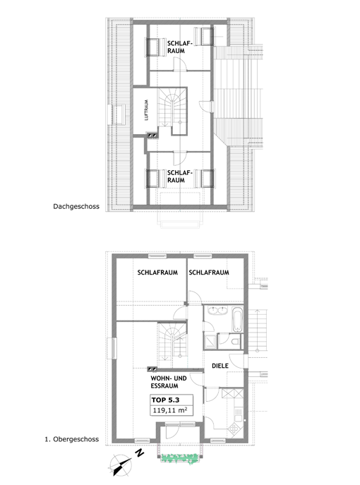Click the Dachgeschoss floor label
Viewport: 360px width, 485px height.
(x=76, y=207)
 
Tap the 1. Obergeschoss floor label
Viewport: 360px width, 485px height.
(x=72, y=439)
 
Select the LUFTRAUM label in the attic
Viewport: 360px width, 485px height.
(x=146, y=110)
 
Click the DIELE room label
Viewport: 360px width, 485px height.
(x=220, y=366)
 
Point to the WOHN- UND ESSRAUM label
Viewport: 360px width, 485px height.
(x=169, y=382)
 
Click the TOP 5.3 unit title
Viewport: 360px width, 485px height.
(x=165, y=400)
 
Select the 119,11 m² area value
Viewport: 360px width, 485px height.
(x=170, y=410)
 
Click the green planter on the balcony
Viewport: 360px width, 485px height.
(x=180, y=458)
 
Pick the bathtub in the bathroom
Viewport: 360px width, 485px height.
(x=237, y=319)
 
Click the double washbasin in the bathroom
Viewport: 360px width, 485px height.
(x=217, y=310)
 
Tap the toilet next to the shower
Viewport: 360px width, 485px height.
(x=235, y=342)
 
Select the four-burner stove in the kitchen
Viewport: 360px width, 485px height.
(x=234, y=429)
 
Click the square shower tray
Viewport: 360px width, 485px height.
(x=210, y=342)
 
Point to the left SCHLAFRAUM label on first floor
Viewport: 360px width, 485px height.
(x=157, y=273)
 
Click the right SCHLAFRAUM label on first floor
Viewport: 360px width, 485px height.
(x=209, y=273)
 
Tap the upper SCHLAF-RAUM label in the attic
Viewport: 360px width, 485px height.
(x=180, y=47)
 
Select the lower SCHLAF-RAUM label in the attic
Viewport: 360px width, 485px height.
(x=180, y=176)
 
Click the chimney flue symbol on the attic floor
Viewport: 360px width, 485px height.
(x=152, y=135)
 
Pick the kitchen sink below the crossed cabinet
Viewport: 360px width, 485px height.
(x=238, y=414)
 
